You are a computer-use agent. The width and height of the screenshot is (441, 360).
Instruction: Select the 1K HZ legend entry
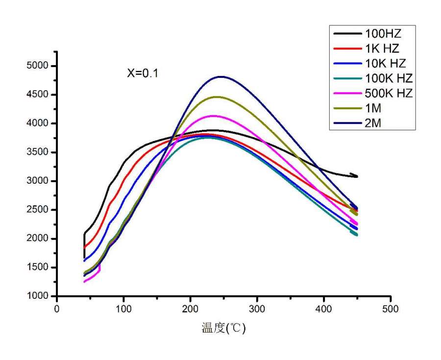[x=382, y=48]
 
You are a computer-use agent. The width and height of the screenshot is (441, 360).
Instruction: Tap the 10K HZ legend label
[x=385, y=63]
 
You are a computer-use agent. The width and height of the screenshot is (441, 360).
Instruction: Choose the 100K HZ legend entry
[x=389, y=78]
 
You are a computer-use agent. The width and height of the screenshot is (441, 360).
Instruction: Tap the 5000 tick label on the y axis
[x=38, y=66]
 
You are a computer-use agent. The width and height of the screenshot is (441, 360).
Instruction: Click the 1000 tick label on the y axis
[x=38, y=296]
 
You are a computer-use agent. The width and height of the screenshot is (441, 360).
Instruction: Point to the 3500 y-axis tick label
[x=38, y=152]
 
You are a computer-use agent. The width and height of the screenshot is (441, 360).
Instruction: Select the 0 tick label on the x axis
[x=57, y=309]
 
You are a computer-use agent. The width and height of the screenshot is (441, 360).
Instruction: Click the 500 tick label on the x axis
[x=391, y=309]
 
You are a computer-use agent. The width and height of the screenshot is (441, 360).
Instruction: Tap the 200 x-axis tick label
[x=190, y=309]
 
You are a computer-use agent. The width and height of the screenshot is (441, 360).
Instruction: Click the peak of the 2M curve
[x=221, y=76]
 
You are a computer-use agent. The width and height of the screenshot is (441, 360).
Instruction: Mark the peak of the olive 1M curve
[x=216, y=97]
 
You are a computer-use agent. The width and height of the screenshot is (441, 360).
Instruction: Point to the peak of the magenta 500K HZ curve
[x=214, y=116]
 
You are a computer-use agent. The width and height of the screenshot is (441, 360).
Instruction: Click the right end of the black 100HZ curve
[x=357, y=176]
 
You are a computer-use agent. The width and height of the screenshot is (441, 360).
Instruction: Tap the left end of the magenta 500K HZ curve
[x=84, y=282]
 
